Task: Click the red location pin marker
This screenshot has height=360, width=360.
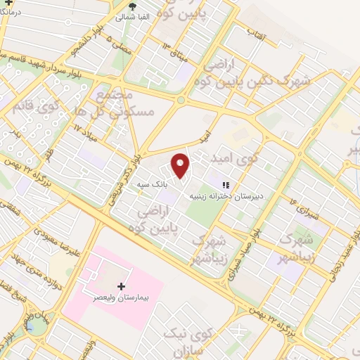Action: (x=181, y=165)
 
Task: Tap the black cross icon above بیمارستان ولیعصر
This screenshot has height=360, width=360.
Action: (x=122, y=286)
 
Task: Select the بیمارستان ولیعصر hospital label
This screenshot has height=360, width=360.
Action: (x=122, y=298)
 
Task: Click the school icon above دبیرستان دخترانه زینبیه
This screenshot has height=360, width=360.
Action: (x=224, y=186)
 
